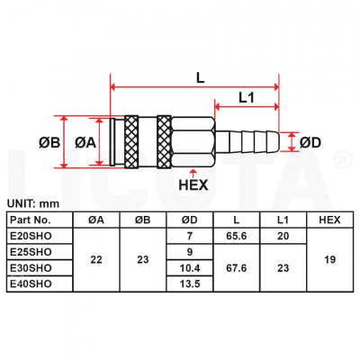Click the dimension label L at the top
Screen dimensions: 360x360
(199, 77)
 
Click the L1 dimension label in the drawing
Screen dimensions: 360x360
(249, 95)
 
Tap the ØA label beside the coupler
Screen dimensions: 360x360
(85, 142)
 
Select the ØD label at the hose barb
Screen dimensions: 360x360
(311, 142)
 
